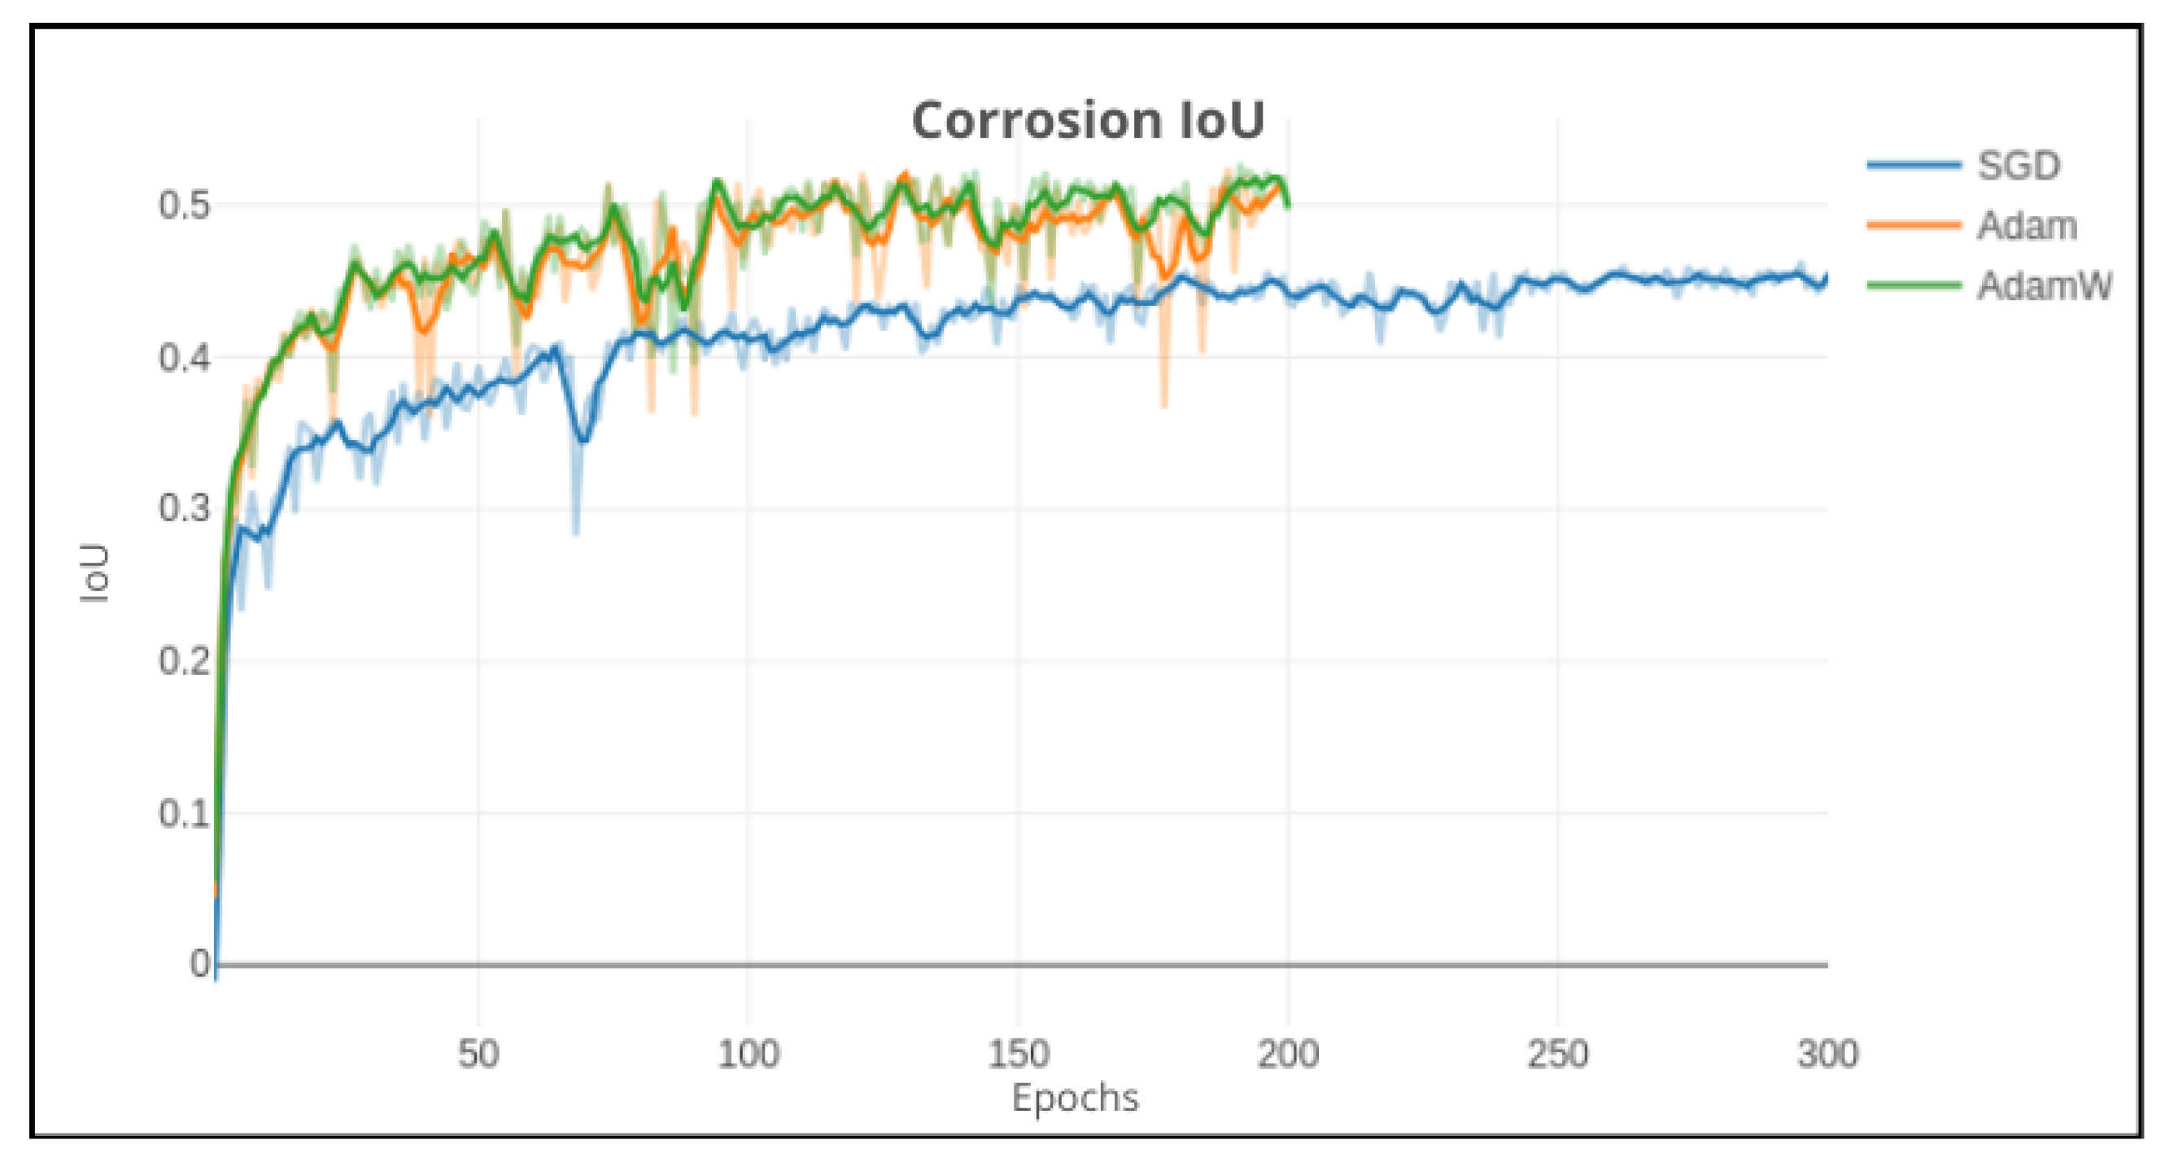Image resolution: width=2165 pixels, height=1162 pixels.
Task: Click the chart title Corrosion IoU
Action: (x=1088, y=121)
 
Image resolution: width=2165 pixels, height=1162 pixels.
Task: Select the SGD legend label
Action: (x=2018, y=166)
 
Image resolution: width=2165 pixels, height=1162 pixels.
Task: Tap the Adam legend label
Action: (x=2027, y=226)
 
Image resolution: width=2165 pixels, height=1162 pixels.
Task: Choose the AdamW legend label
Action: (x=2043, y=286)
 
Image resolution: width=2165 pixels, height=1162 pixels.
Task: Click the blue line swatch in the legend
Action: (x=1914, y=166)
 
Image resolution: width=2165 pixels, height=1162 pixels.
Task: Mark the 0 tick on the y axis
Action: (x=200, y=964)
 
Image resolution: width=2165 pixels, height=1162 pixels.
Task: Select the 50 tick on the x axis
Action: (x=478, y=1054)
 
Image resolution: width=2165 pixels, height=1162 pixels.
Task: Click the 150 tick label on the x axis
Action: (x=1018, y=1054)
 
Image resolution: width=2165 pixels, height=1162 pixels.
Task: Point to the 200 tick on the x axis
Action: (x=1288, y=1054)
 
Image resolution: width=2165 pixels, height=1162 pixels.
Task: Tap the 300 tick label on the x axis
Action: (x=1827, y=1054)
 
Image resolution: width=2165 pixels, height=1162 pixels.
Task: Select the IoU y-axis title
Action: (x=95, y=573)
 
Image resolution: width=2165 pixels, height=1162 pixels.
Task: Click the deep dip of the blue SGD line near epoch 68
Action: (x=583, y=438)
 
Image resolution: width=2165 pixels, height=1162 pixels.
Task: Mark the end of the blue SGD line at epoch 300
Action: (x=1827, y=277)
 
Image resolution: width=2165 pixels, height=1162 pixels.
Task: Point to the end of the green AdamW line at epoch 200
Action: (x=1288, y=204)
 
